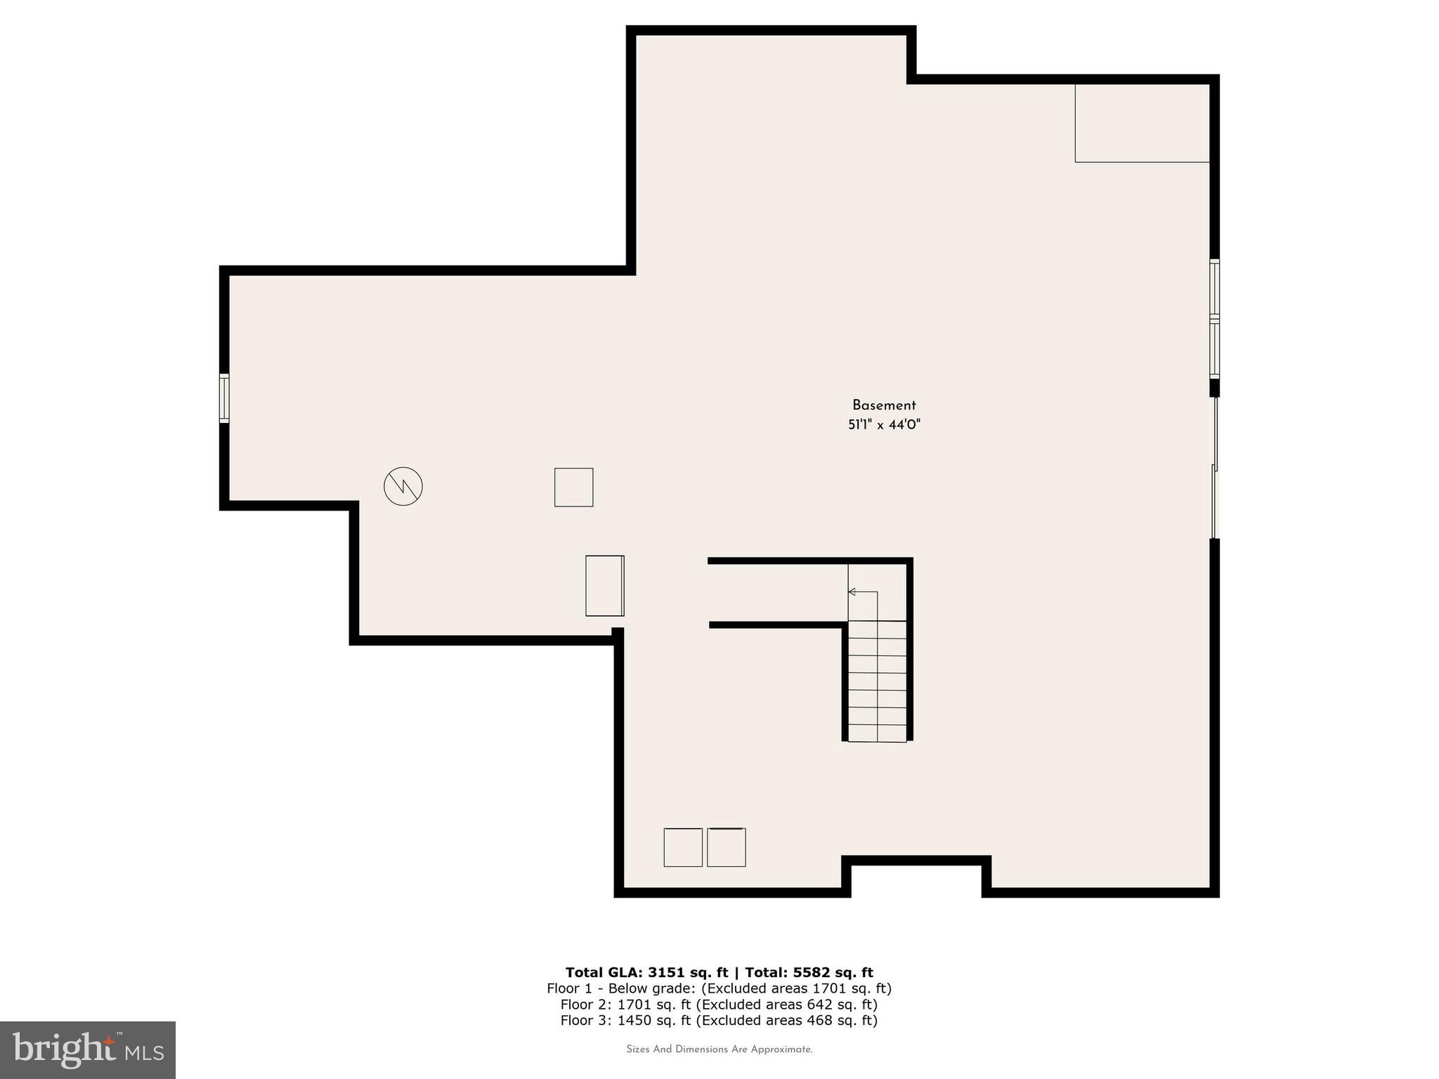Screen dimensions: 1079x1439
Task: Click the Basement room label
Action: tap(883, 405)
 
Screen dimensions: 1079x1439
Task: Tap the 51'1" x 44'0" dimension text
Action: tap(883, 424)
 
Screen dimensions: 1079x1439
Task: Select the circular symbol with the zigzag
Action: tap(403, 485)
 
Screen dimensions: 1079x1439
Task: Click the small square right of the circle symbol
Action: tap(573, 487)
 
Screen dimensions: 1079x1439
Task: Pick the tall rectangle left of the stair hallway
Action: tap(604, 585)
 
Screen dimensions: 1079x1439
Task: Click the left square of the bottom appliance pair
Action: tap(682, 847)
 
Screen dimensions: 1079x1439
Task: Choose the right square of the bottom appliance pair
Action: tap(726, 847)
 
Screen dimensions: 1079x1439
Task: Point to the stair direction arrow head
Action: tap(852, 592)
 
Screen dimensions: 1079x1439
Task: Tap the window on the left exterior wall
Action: tap(224, 398)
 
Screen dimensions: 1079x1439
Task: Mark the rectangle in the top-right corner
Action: tap(1141, 123)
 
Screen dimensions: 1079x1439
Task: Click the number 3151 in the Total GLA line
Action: tap(668, 972)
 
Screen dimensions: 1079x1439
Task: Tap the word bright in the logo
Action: tap(63, 1049)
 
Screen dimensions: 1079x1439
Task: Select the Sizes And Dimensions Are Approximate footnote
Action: tap(719, 1049)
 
